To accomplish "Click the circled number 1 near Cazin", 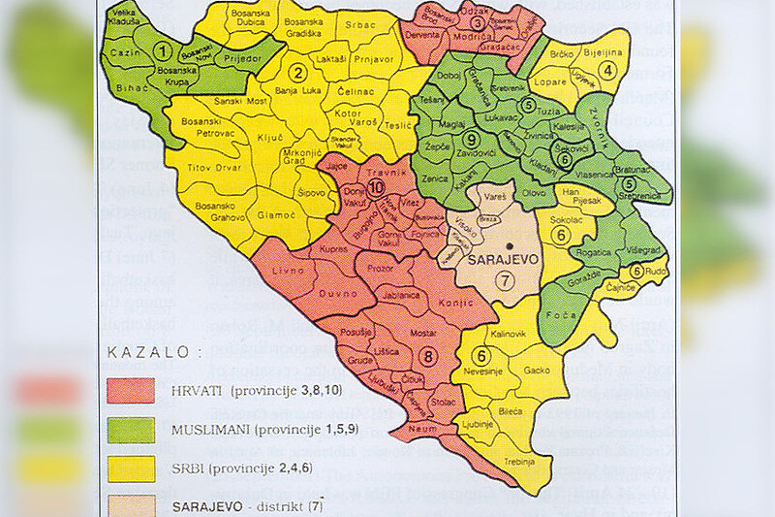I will (166, 50).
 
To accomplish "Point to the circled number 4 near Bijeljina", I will (607, 69).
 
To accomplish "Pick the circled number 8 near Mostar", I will (430, 355).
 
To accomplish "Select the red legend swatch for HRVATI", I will (129, 390).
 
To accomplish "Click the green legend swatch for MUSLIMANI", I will (129, 429).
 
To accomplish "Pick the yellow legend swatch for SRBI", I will (129, 468).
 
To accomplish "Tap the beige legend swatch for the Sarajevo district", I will (129, 504).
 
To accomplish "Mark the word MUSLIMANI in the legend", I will (206, 429).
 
